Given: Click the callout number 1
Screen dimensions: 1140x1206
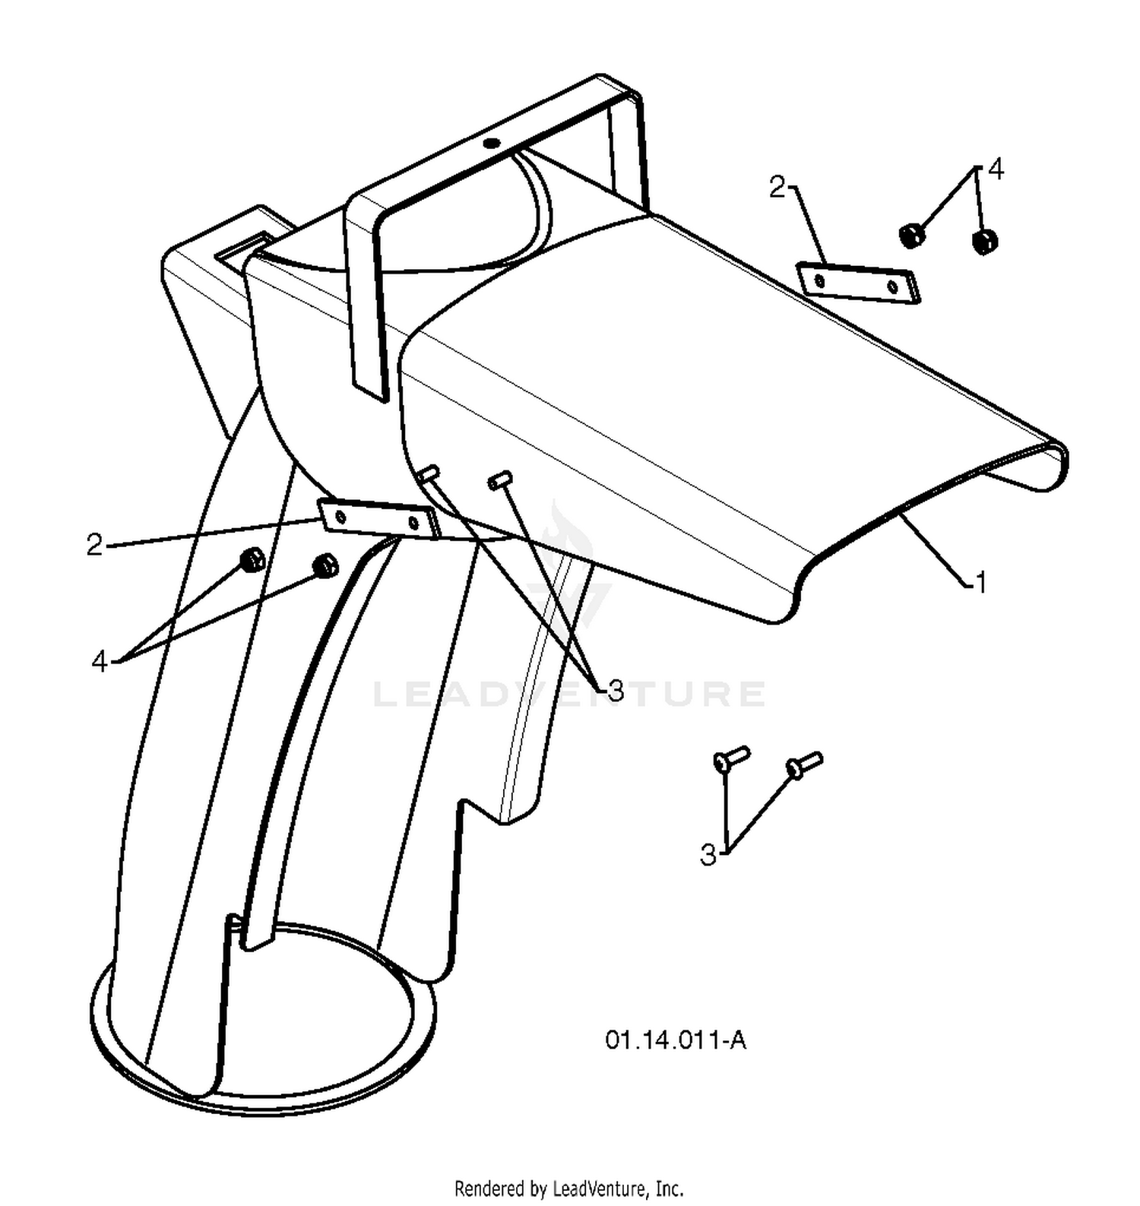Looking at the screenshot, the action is (980, 583).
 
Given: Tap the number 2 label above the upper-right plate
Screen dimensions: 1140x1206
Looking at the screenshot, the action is (777, 187).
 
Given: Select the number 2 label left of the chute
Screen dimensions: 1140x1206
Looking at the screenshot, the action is (94, 544).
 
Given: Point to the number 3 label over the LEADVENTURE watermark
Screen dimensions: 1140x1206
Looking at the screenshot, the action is (616, 691).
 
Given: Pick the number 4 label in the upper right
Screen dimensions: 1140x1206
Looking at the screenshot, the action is (996, 169).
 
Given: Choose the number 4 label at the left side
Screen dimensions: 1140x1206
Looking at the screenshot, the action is (100, 662).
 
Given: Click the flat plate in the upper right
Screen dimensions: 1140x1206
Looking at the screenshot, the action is (857, 283).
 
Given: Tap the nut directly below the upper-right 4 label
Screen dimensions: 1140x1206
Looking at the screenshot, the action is (984, 242).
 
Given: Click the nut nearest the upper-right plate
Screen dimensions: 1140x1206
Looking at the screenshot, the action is (912, 234).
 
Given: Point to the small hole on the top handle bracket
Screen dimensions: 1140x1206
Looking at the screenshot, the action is (492, 142).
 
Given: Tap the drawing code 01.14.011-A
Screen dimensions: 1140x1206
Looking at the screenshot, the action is (675, 1040).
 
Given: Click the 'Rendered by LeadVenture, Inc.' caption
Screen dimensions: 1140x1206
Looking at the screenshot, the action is (568, 1188).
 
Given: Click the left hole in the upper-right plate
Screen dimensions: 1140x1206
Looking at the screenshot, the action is (819, 280).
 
